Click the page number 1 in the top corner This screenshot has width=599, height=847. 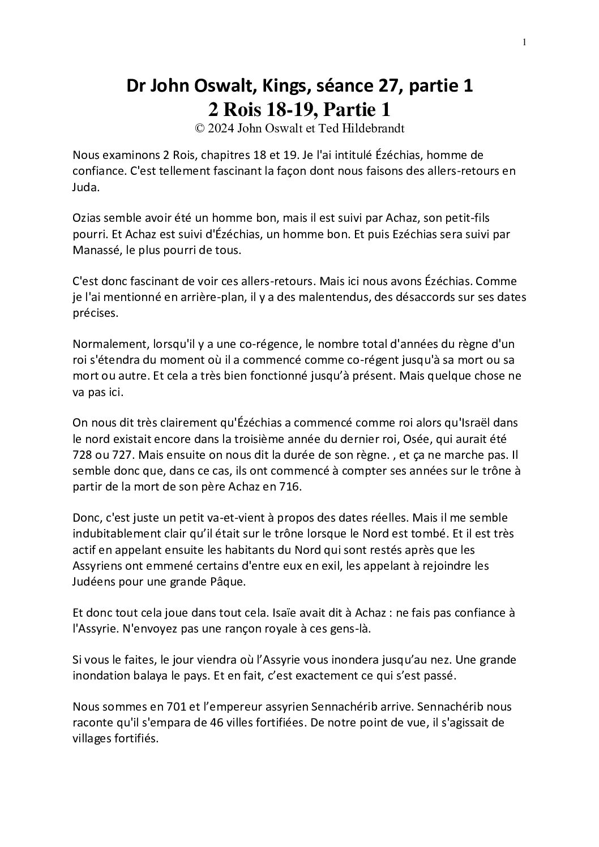click(525, 42)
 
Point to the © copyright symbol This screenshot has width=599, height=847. click(199, 128)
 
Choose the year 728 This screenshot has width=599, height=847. click(83, 454)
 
